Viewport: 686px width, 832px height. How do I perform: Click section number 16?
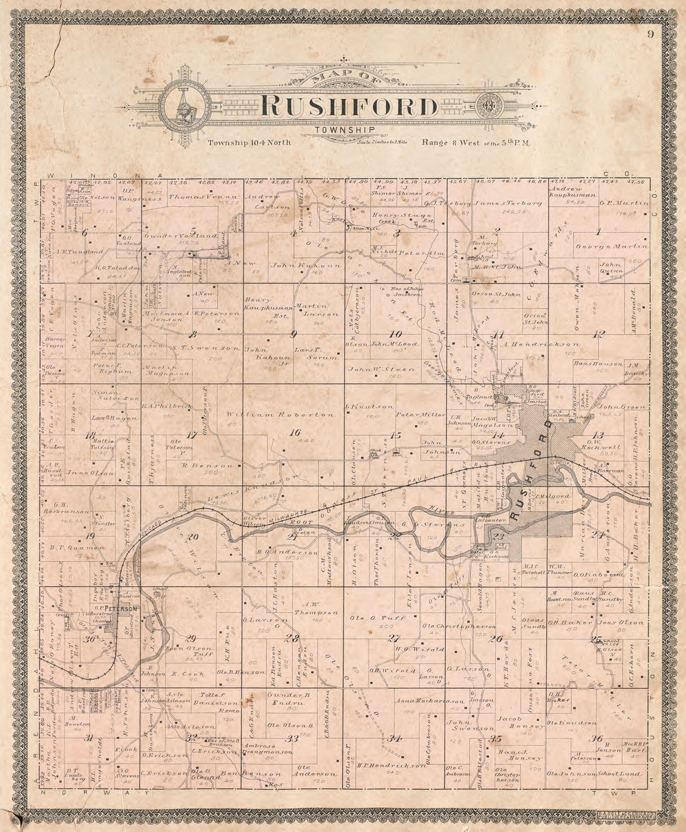click(295, 433)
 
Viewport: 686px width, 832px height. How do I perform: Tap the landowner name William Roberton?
click(281, 415)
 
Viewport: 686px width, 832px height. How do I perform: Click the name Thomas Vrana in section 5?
click(204, 197)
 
